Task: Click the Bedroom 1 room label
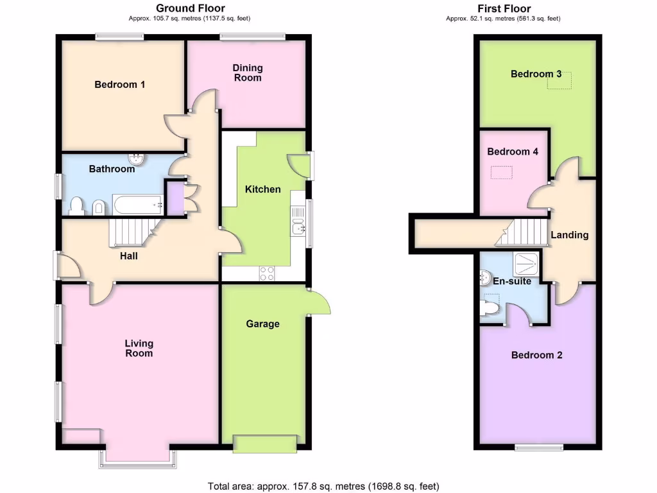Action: pyautogui.click(x=120, y=85)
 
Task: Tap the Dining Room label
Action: pyautogui.click(x=248, y=73)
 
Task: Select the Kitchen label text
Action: pyautogui.click(x=263, y=189)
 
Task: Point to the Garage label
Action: pyautogui.click(x=263, y=324)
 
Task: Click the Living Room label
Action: pyautogui.click(x=139, y=349)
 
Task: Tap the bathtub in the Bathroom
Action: pyautogui.click(x=138, y=205)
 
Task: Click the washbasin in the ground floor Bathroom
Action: pyautogui.click(x=136, y=159)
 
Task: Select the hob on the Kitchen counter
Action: pyautogui.click(x=267, y=273)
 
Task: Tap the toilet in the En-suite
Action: pyautogui.click(x=490, y=308)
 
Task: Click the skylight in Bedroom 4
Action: pyautogui.click(x=502, y=172)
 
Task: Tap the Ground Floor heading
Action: pyautogui.click(x=191, y=8)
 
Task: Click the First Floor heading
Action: pyautogui.click(x=504, y=8)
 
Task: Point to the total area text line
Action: pyautogui.click(x=323, y=486)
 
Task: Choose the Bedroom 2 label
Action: pyautogui.click(x=536, y=355)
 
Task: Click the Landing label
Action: pyautogui.click(x=570, y=235)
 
